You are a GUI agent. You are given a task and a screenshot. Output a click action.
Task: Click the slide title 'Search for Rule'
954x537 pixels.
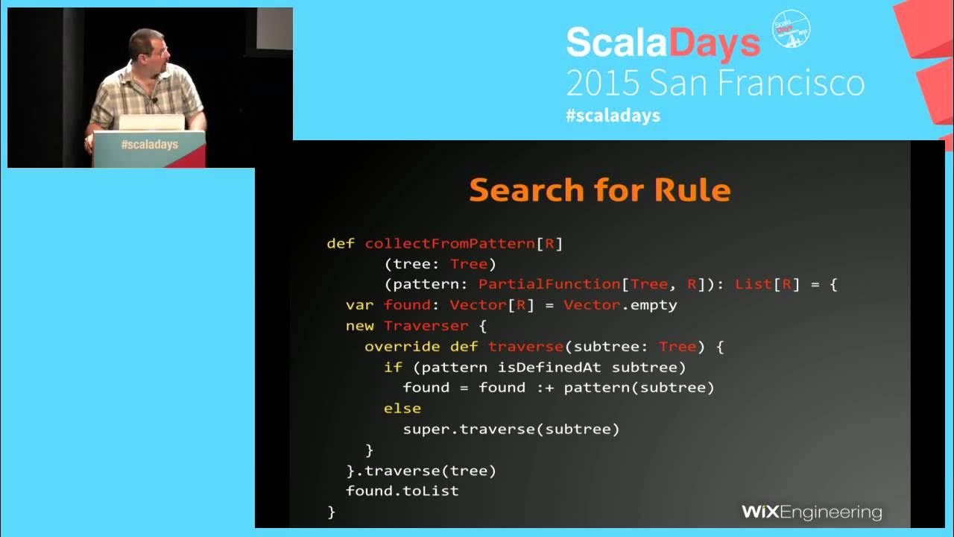(599, 190)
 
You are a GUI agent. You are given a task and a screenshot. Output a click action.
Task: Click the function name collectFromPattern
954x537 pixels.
(450, 243)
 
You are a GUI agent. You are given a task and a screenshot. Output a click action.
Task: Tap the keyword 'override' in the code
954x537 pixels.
(402, 347)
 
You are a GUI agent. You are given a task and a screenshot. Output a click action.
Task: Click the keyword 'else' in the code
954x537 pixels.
(402, 409)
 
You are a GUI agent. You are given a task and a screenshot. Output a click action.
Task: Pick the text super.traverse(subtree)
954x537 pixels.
(511, 429)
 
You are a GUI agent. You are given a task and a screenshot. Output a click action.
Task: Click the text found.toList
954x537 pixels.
(402, 491)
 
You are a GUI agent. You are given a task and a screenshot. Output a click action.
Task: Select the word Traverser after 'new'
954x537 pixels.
(426, 326)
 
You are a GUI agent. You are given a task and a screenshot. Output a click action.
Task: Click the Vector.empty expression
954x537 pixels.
(620, 305)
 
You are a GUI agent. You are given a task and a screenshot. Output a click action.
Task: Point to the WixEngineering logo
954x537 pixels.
(812, 512)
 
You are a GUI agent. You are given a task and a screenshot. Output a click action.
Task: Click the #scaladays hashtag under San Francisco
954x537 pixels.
(613, 116)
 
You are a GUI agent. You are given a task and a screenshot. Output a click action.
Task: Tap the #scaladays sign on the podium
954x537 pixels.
(150, 145)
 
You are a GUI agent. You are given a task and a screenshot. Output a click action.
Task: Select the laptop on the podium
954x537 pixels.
(151, 122)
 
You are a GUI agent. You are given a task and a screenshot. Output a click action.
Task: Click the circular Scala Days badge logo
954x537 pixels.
(791, 29)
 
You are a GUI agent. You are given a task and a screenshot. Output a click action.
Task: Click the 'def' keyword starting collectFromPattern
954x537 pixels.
(336, 243)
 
